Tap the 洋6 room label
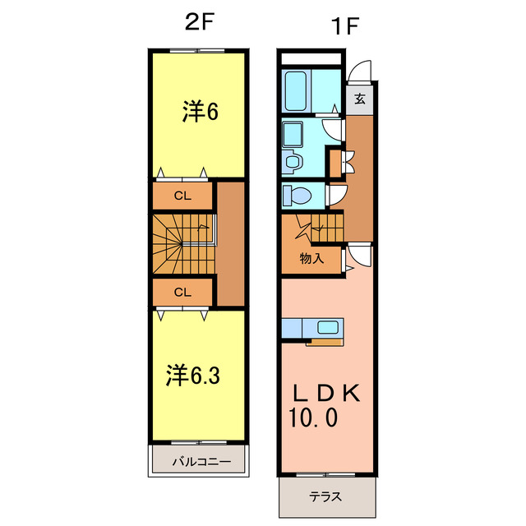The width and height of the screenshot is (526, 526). (x=200, y=112)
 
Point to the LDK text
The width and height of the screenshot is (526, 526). (x=325, y=393)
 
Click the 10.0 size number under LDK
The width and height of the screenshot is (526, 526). (x=312, y=418)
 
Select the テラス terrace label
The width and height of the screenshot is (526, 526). (x=325, y=497)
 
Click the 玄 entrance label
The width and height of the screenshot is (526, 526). (x=360, y=99)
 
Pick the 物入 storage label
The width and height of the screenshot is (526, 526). (x=311, y=258)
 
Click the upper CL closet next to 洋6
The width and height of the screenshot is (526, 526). (x=182, y=196)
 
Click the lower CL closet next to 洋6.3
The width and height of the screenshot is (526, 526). (x=182, y=292)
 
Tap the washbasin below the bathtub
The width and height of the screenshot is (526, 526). (x=293, y=134)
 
